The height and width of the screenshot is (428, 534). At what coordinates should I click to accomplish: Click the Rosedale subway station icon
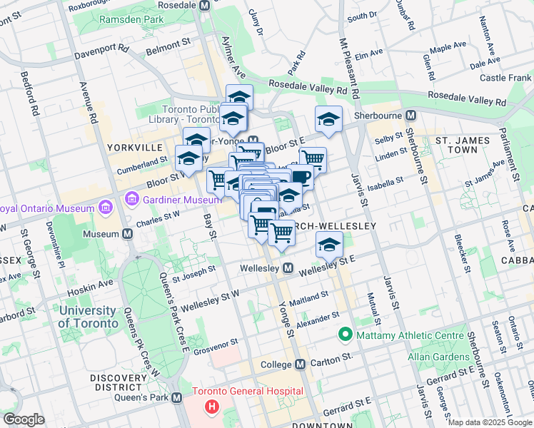tap(205, 5)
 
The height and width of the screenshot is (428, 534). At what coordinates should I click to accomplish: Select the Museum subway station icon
tap(127, 233)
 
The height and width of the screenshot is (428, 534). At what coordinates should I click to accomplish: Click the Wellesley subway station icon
tap(288, 268)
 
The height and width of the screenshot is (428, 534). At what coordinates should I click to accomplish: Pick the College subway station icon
tap(300, 364)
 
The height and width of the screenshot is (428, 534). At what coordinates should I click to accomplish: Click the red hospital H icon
tap(211, 407)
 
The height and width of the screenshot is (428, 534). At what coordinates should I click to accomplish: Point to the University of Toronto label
tap(88, 317)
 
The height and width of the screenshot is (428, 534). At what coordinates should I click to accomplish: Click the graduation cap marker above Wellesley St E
tap(329, 245)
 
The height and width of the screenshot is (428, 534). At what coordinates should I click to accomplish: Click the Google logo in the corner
tap(24, 419)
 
